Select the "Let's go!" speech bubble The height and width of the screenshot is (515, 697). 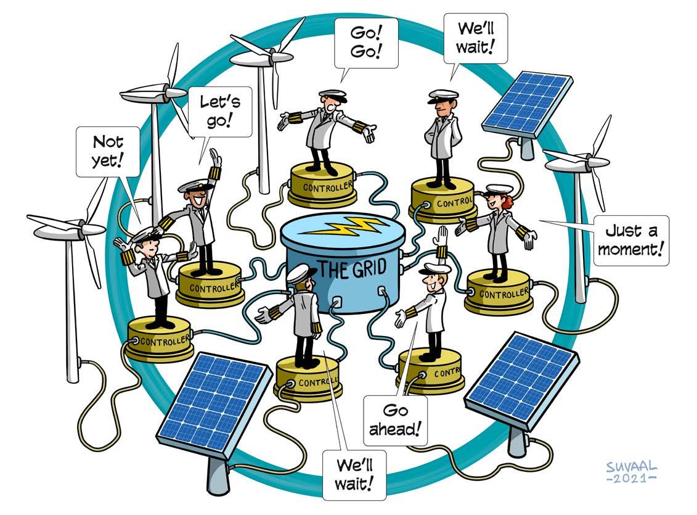[x=219, y=112]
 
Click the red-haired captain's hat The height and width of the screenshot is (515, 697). [x=500, y=189]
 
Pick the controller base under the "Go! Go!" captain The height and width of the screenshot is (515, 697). [x=321, y=185]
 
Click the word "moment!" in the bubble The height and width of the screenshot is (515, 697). [x=631, y=250]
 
